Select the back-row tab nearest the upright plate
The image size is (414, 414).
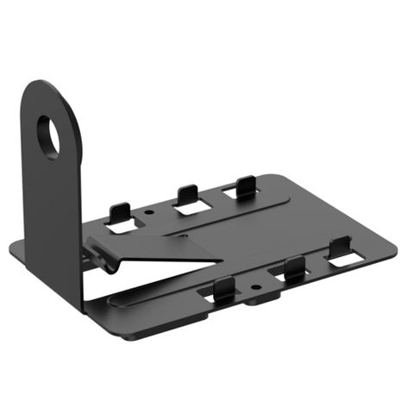(121, 212)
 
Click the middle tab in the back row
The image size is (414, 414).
(186, 195)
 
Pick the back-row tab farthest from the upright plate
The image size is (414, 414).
(246, 184)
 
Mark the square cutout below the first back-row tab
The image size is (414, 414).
(121, 228)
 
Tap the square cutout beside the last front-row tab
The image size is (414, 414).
(345, 259)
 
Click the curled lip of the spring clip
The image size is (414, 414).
(105, 260)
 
